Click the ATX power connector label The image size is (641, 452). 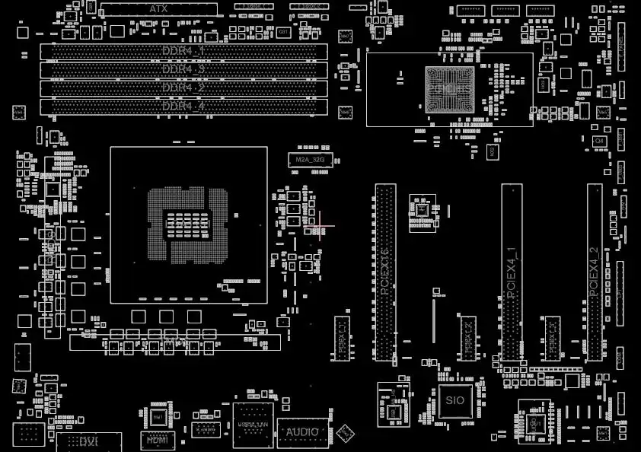[x=158, y=9]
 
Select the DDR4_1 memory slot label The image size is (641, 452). [x=183, y=51]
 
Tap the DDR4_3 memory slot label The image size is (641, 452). [x=183, y=69]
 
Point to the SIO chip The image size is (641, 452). [x=454, y=399]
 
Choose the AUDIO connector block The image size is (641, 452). [x=302, y=432]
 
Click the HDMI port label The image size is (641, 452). [x=158, y=439]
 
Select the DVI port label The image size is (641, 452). [x=88, y=441]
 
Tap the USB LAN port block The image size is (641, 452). [x=253, y=424]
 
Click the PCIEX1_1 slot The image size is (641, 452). [x=341, y=337]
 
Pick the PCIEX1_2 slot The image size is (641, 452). [x=467, y=337]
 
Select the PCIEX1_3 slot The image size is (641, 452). [x=552, y=337]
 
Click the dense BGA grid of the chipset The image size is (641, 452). [x=449, y=90]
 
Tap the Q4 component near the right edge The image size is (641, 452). [x=599, y=141]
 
